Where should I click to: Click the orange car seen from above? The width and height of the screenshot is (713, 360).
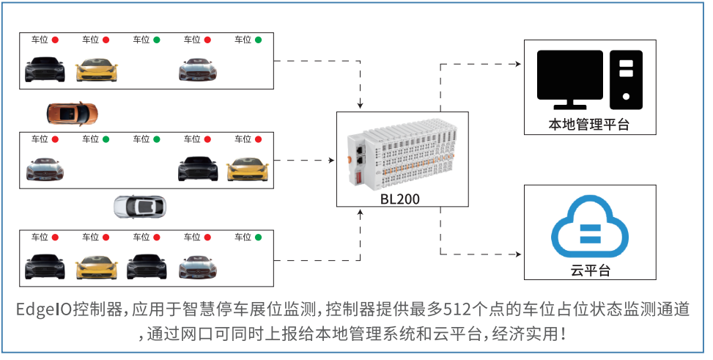[71, 113]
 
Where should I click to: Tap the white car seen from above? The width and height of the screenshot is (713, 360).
[139, 207]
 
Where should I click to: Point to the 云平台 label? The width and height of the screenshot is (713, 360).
[590, 271]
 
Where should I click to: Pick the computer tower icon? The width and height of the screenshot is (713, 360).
[625, 76]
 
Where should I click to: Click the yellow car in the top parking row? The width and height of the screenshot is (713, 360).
[96, 70]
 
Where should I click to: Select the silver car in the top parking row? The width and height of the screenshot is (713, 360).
[198, 70]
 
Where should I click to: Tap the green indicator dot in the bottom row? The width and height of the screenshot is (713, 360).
[258, 237]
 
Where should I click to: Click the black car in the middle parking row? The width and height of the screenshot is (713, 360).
[198, 169]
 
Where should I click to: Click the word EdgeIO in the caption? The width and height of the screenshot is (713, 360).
[45, 309]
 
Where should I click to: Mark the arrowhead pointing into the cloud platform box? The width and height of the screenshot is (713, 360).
[520, 254]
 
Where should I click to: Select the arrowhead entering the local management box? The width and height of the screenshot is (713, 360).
[520, 65]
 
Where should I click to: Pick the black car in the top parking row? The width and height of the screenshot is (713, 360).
[45, 70]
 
